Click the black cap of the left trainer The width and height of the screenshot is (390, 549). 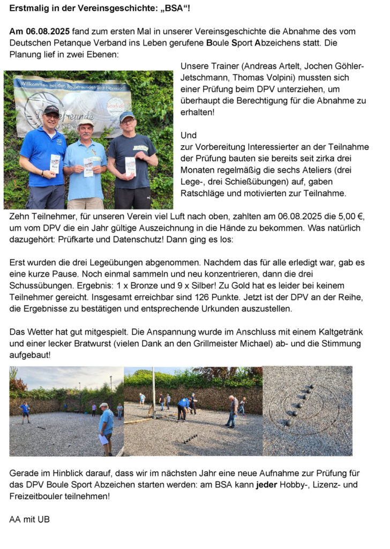click(51, 109)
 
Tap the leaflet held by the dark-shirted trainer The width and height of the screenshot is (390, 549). click(130, 165)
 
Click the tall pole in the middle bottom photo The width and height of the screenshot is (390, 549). click(153, 391)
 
